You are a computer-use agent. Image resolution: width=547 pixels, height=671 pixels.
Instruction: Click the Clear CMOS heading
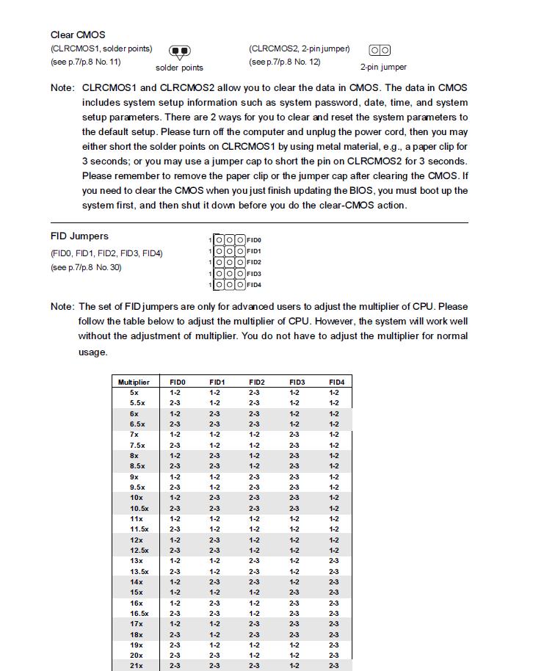click(x=78, y=35)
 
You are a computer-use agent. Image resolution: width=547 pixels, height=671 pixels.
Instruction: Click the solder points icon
click(x=179, y=51)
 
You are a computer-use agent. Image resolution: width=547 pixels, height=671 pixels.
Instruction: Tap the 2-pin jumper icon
click(x=380, y=50)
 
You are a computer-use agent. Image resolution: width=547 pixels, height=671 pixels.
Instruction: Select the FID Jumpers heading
click(x=79, y=236)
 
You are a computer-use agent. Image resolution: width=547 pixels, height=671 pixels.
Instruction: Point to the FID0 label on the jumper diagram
click(x=254, y=240)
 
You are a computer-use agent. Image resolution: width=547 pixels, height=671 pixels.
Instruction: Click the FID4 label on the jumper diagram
click(x=254, y=285)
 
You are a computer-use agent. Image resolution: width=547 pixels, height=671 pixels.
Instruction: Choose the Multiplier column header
click(x=134, y=382)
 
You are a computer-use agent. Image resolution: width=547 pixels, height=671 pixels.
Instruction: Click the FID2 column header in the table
click(x=256, y=382)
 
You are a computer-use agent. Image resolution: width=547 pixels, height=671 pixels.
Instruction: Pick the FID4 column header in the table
click(x=336, y=382)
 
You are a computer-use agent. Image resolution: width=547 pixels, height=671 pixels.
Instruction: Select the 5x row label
click(x=134, y=393)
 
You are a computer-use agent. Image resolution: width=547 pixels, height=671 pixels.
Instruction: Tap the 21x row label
click(x=137, y=666)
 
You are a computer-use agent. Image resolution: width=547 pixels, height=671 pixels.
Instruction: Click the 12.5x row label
click(x=139, y=551)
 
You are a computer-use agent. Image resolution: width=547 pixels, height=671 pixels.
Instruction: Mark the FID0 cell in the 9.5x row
click(x=175, y=487)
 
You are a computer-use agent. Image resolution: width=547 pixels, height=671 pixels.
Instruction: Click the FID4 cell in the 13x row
click(x=334, y=561)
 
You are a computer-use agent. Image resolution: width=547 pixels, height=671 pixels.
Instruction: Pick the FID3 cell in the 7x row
click(x=294, y=435)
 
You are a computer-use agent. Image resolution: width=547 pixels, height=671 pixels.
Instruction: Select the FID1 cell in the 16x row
click(x=214, y=603)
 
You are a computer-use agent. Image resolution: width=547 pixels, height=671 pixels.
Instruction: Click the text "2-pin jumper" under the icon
click(x=383, y=68)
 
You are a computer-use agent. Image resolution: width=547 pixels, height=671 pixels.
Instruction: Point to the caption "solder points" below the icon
click(x=179, y=68)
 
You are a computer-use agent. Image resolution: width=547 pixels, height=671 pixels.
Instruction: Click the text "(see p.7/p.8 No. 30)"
click(x=86, y=267)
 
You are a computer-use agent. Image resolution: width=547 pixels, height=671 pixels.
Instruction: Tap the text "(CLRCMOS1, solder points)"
click(x=101, y=49)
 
